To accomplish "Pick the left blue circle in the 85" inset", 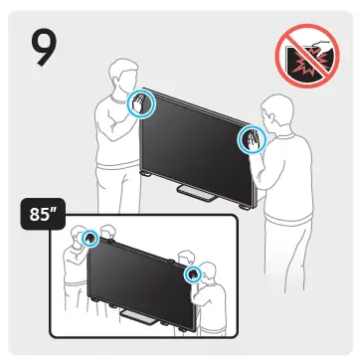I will [90, 239].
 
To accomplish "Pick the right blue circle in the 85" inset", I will [195, 271].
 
